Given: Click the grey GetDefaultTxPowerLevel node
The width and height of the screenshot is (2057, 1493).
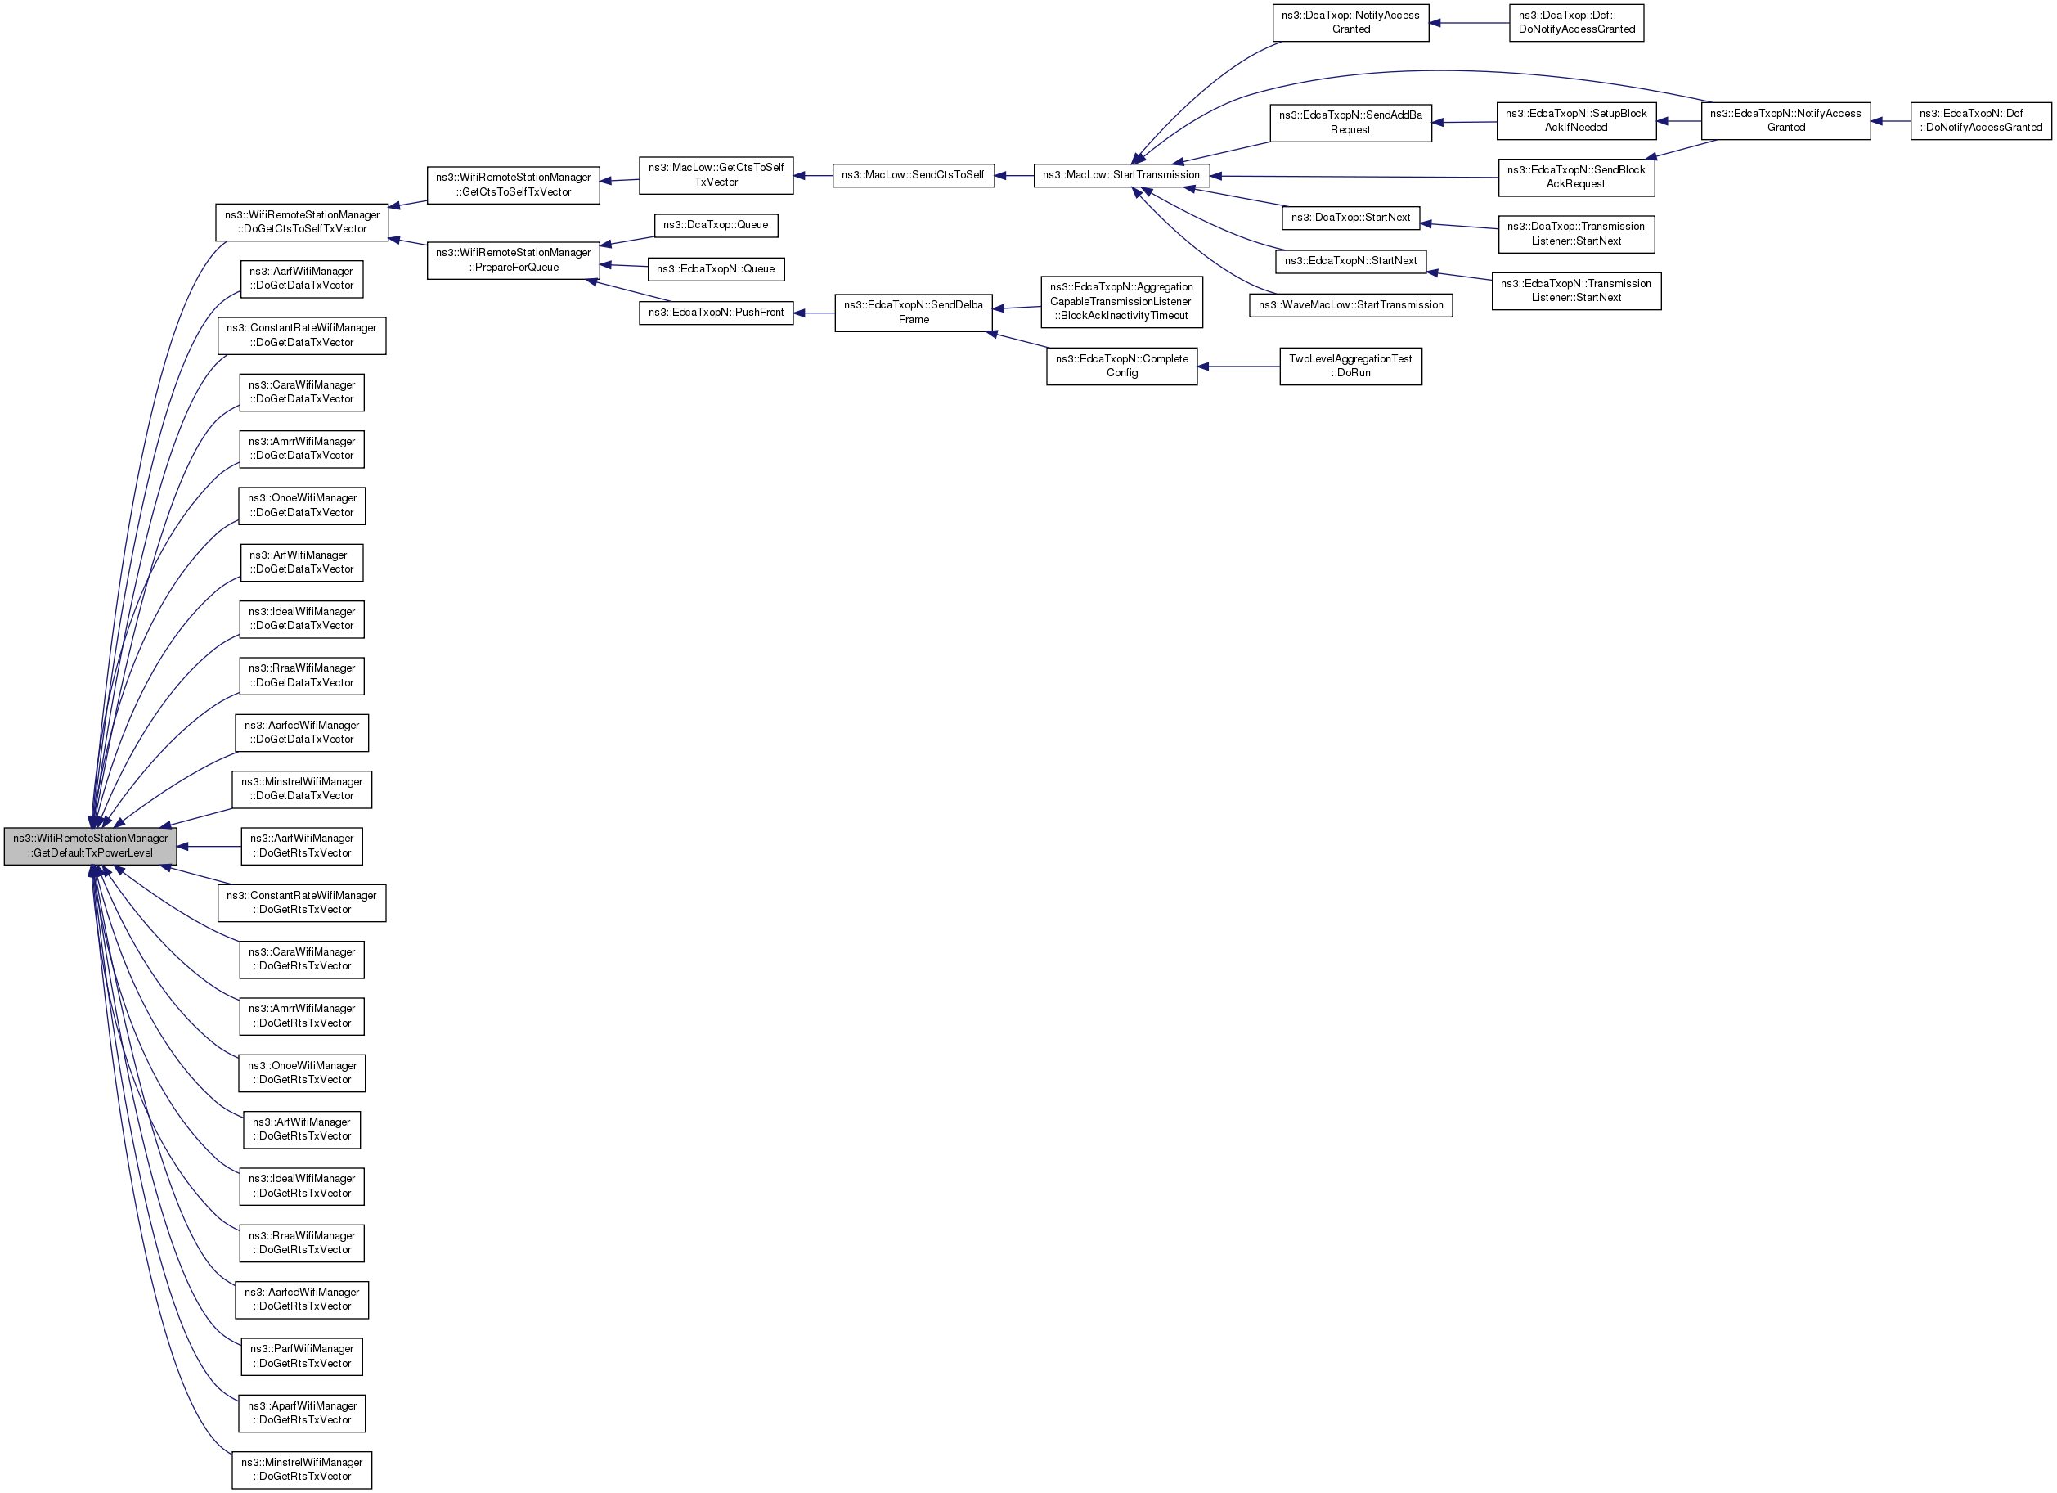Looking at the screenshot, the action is [x=90, y=845].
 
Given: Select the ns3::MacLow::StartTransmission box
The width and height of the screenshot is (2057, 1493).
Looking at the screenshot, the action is [x=1121, y=175].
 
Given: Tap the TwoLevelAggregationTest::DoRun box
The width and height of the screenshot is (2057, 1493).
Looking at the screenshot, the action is [x=1350, y=366].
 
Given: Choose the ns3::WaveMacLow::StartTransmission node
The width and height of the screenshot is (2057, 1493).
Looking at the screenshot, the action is [x=1350, y=305].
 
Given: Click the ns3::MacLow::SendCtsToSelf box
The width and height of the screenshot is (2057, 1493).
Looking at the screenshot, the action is [x=914, y=175].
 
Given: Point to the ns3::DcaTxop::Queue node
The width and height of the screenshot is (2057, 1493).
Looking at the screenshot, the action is [x=716, y=225].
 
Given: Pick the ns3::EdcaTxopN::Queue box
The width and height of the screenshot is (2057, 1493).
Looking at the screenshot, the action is [x=716, y=269].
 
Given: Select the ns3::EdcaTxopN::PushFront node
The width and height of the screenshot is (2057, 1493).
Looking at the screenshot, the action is [x=716, y=312].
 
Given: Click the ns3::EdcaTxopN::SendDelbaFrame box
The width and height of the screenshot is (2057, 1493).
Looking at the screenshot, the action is [x=914, y=312].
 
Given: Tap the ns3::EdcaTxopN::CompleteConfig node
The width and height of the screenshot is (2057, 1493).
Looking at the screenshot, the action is [x=1122, y=366].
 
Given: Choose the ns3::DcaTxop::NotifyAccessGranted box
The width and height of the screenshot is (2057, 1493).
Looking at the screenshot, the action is [x=1350, y=23].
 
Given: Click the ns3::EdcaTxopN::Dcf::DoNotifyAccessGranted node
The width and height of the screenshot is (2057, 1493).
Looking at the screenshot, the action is [x=1981, y=120].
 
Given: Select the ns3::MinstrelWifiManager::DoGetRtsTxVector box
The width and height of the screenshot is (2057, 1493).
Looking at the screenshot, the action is [x=302, y=1469].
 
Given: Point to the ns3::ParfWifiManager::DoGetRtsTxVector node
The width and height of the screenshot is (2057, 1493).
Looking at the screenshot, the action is [x=302, y=1356].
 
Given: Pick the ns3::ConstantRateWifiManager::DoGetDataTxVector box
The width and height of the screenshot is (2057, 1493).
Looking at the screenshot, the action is [x=302, y=335].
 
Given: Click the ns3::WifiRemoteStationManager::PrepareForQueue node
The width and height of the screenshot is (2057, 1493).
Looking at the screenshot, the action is [x=514, y=260].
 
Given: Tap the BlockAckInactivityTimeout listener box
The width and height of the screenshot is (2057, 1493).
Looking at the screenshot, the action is [x=1122, y=301].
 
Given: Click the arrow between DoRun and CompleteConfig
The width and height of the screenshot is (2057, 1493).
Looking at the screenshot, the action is [x=1238, y=367].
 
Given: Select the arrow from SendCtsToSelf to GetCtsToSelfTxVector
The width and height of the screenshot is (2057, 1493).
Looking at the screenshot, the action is [x=813, y=175].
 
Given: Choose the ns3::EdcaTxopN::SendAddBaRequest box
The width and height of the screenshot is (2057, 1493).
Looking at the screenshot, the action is [x=1350, y=123].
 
